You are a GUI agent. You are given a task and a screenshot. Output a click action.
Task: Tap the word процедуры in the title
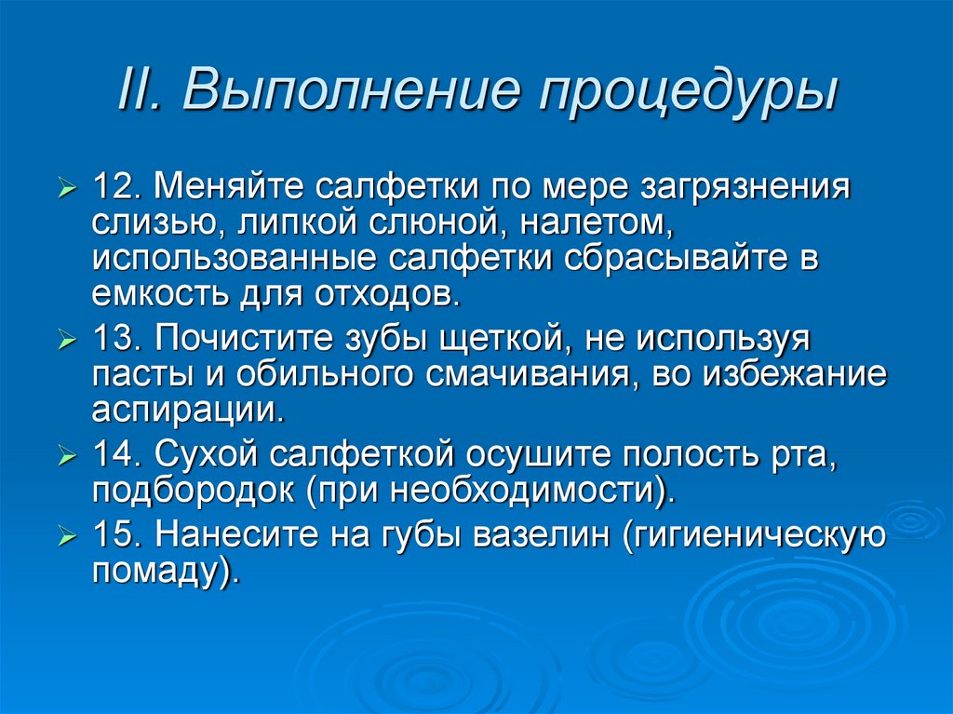[689, 92]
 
